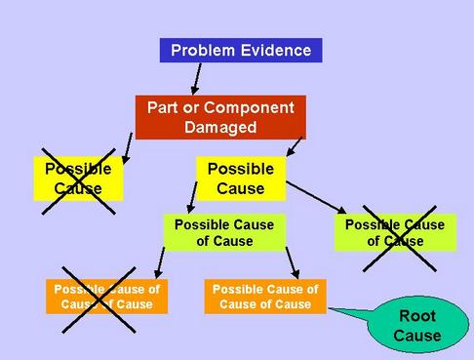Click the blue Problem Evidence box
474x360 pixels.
pos(241,50)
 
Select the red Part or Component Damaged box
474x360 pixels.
pos(219,116)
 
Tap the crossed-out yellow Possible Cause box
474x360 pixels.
pos(78,179)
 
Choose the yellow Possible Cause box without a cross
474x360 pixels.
pos(240,179)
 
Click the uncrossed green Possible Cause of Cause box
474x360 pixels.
pos(224,232)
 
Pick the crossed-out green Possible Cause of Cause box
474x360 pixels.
pos(395,232)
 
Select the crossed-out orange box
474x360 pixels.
pos(106,297)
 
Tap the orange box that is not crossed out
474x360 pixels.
pos(265,297)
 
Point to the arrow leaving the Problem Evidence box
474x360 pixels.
pos(196,77)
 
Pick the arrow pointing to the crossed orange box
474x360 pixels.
pos(159,261)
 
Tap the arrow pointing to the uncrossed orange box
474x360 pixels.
pos(291,262)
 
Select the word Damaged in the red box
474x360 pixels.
pos(219,126)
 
